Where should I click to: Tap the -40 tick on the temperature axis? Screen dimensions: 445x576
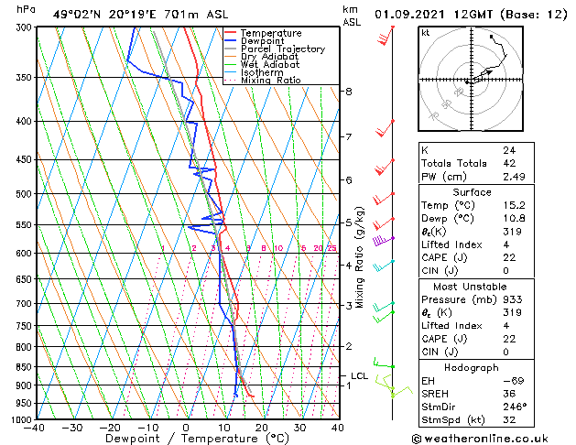pyautogui.click(x=35, y=428)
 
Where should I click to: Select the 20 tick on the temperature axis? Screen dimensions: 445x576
pyautogui.click(x=262, y=428)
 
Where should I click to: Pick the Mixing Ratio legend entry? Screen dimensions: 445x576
pyautogui.click(x=271, y=81)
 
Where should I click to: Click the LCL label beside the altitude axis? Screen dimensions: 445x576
pyautogui.click(x=360, y=375)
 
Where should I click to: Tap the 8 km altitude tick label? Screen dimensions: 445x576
pyautogui.click(x=349, y=92)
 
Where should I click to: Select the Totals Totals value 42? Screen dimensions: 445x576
pyautogui.click(x=508, y=163)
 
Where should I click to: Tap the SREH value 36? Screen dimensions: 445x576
pyautogui.click(x=508, y=393)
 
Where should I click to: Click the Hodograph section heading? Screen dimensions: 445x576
pyautogui.click(x=472, y=367)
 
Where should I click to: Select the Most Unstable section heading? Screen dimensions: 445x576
pyautogui.click(x=472, y=285)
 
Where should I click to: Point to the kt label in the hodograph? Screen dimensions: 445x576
pyautogui.click(x=426, y=32)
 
